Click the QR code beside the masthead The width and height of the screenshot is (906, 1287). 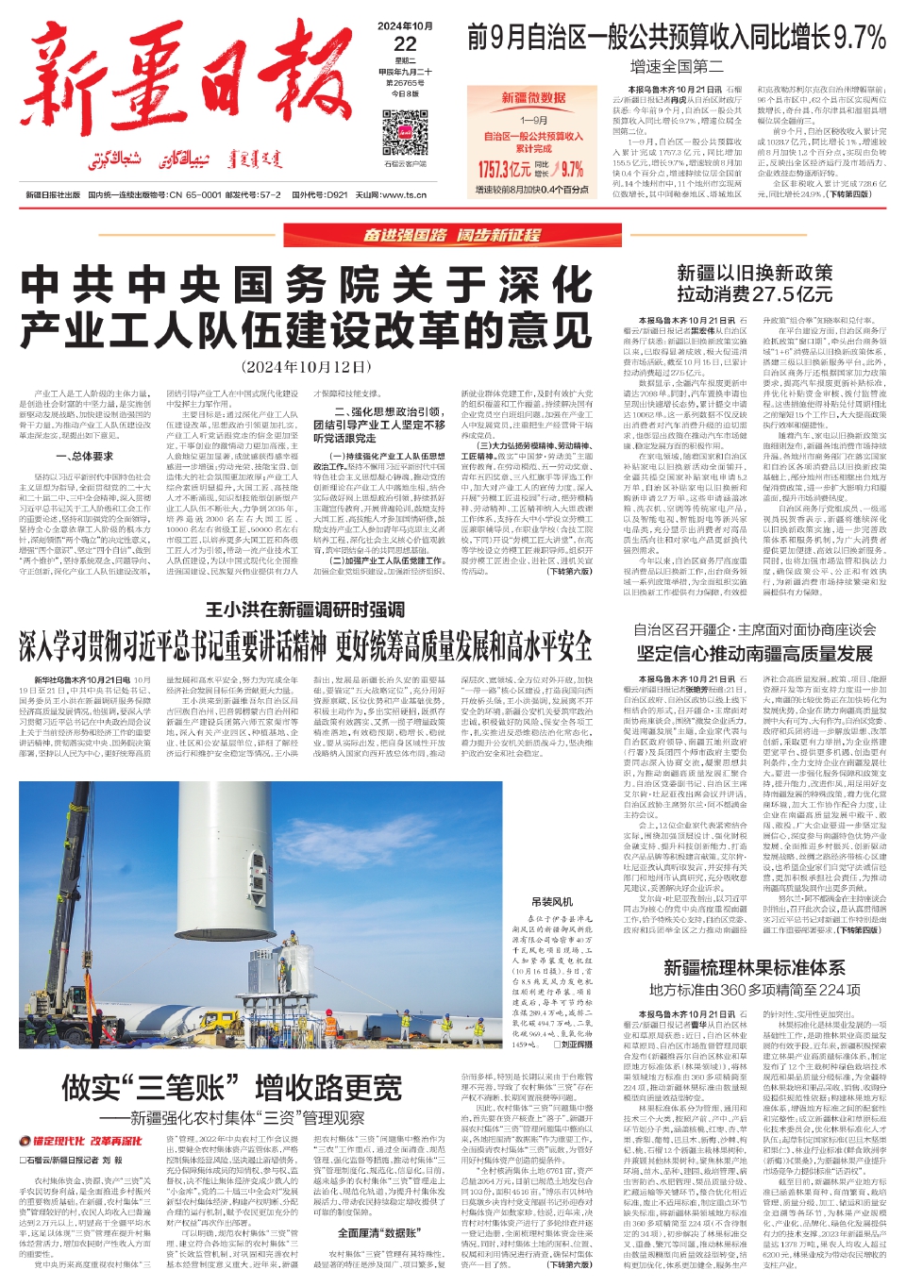click(x=404, y=133)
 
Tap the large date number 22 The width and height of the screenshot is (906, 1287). click(x=405, y=43)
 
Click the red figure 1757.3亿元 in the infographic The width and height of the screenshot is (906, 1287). click(x=505, y=170)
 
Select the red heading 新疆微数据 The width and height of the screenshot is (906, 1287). click(x=533, y=98)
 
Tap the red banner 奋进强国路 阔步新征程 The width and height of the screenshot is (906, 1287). click(x=453, y=235)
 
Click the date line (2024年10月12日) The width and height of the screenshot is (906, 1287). click(x=307, y=366)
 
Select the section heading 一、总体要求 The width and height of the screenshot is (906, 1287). click(x=85, y=456)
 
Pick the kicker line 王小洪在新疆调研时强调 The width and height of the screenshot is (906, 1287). click(x=306, y=610)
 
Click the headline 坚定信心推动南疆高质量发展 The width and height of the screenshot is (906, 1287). click(x=754, y=653)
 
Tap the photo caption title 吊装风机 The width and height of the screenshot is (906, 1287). click(x=552, y=902)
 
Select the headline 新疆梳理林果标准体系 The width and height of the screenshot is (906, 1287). click(x=754, y=967)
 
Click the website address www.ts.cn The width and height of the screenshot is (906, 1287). click(x=407, y=195)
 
